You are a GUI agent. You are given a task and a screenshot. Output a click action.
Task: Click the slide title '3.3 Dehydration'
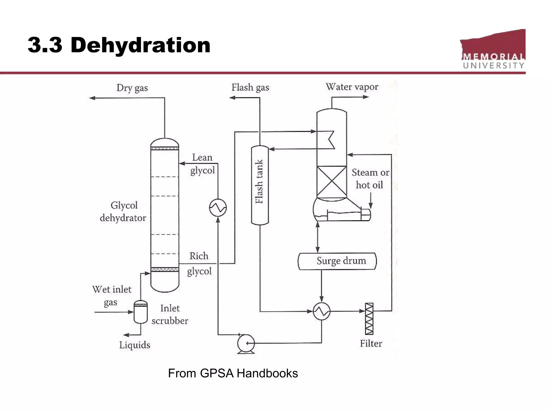click(119, 45)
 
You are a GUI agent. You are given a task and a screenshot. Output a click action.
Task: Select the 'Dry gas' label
click(132, 88)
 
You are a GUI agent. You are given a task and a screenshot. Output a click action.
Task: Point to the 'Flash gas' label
click(250, 87)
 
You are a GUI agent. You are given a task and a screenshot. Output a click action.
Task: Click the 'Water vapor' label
click(352, 87)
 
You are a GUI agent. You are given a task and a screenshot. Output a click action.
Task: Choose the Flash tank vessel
click(260, 185)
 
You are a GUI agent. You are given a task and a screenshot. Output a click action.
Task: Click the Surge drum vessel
click(337, 261)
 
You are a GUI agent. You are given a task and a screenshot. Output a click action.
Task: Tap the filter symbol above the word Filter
click(369, 319)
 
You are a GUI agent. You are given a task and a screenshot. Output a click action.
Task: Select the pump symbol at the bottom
click(246, 343)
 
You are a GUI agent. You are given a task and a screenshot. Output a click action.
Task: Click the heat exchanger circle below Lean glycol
click(218, 208)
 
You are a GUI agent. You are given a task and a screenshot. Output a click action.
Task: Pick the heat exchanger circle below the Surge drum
click(321, 311)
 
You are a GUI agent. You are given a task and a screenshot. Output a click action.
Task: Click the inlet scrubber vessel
click(141, 312)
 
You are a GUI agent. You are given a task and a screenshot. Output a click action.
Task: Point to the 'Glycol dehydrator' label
click(123, 212)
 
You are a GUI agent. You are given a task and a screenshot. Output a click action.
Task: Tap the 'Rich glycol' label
click(199, 263)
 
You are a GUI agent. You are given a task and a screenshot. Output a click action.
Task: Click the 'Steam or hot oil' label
click(370, 179)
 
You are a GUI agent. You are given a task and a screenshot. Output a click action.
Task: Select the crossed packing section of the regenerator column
click(332, 182)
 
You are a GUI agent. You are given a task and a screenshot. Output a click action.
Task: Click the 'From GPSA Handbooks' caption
click(233, 373)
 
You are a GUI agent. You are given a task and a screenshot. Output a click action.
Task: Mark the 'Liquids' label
click(135, 345)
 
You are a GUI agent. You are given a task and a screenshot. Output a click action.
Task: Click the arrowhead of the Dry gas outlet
click(92, 98)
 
